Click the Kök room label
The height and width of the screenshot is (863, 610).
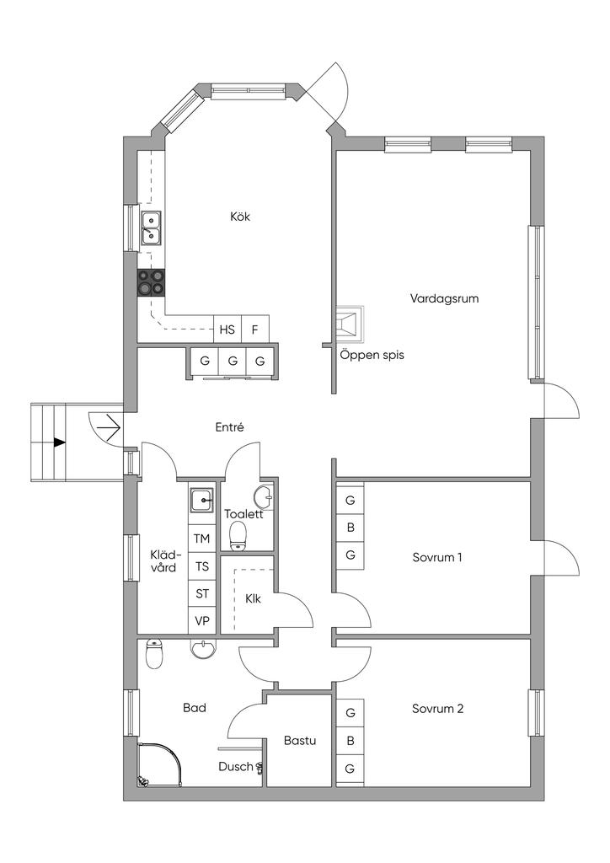(x=240, y=217)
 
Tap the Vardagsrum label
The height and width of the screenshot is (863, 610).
(x=444, y=298)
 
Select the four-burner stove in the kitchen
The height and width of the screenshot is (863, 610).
(x=152, y=282)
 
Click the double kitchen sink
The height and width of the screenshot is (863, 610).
(x=151, y=228)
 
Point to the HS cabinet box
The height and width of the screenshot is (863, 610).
(x=227, y=330)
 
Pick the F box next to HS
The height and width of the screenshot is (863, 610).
(x=255, y=330)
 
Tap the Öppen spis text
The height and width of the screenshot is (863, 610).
(x=372, y=355)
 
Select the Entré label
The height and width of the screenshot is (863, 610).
(x=229, y=427)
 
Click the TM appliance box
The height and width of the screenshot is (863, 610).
(x=202, y=539)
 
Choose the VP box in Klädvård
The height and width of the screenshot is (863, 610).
(x=202, y=620)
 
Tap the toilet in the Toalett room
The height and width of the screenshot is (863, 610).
(x=238, y=535)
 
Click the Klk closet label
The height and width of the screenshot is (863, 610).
(x=254, y=599)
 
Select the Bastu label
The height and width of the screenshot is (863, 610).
(x=300, y=741)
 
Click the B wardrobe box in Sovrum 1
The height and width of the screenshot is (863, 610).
(x=350, y=528)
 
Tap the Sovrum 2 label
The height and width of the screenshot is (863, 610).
(x=438, y=709)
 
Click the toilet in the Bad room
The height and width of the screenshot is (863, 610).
(x=154, y=654)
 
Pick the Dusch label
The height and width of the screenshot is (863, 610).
(x=236, y=767)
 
